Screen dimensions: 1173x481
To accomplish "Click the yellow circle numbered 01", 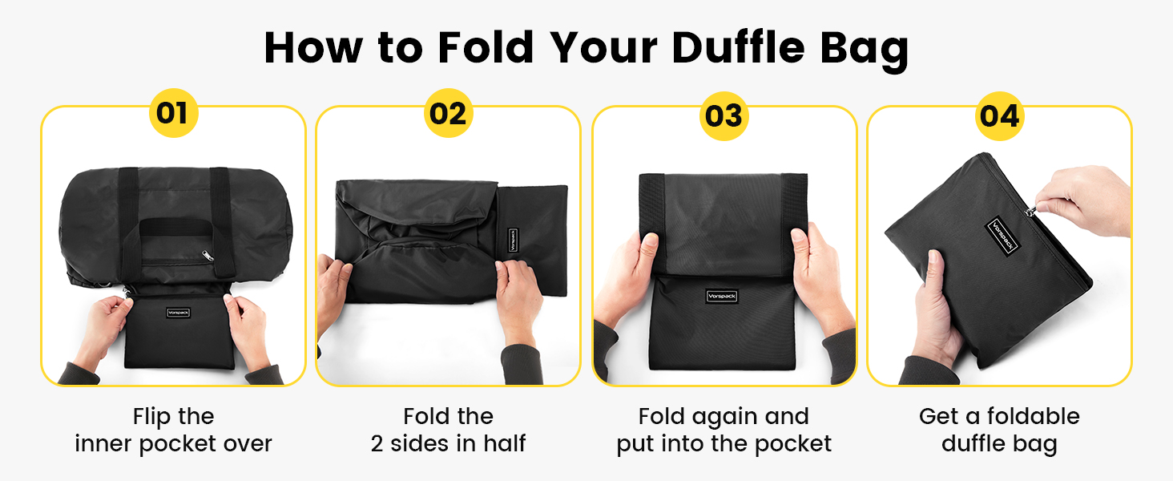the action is tap(173, 113).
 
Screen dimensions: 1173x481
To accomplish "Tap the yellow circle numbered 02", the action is tap(448, 113).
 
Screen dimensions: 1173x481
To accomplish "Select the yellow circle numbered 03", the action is tap(724, 115).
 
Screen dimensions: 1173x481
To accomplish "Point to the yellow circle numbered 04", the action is tap(1000, 115).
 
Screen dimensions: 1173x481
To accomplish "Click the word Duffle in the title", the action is tap(739, 47).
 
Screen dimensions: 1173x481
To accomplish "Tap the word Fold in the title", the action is tap(486, 47).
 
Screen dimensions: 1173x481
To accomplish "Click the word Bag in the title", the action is tap(864, 50).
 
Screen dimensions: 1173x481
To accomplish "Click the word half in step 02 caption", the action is tap(504, 443).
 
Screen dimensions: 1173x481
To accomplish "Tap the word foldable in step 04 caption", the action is tap(1033, 416).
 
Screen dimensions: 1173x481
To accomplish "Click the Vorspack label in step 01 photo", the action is tap(178, 313).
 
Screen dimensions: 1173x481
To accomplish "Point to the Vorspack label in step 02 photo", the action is tap(513, 240).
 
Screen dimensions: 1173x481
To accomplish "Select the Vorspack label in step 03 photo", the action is tap(722, 296).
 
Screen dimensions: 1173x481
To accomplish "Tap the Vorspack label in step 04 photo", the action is tap(1003, 235).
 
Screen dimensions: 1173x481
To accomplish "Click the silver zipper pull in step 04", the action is tap(1031, 211).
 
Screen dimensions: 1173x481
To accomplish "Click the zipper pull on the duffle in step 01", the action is tap(208, 256).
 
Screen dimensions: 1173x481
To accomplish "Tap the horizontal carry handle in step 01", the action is tap(176, 227).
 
